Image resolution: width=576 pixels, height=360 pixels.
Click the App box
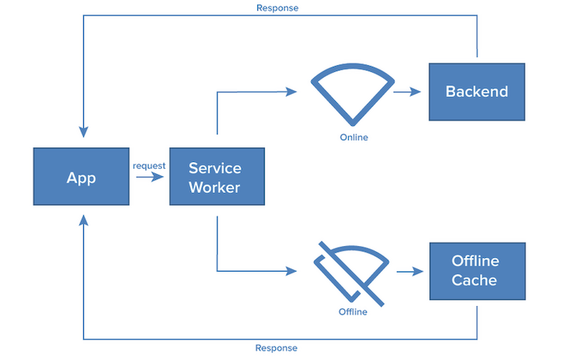click(82, 176)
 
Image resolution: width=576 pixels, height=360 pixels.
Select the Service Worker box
click(217, 176)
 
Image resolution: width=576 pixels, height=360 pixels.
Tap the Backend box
click(476, 91)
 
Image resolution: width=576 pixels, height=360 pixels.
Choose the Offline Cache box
click(476, 271)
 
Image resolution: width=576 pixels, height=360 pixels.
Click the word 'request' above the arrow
click(149, 166)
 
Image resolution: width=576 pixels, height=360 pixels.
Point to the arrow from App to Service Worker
click(149, 178)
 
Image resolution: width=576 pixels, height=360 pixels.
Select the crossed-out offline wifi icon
click(351, 271)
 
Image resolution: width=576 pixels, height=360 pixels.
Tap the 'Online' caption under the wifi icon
click(354, 137)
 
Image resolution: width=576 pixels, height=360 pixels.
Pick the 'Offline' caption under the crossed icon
click(352, 311)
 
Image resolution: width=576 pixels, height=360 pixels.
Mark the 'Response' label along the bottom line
click(276, 348)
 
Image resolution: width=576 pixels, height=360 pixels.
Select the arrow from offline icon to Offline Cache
click(409, 271)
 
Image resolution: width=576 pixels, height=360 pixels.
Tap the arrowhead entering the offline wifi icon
click(292, 271)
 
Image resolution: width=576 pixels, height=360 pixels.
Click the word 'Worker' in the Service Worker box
click(214, 187)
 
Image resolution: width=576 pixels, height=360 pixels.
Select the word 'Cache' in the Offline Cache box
click(474, 280)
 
